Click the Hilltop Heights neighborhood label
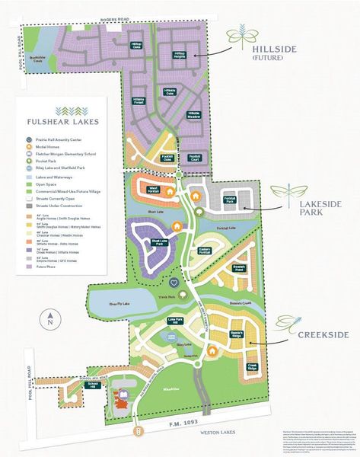[x=180, y=54]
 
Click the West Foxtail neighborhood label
[x=152, y=188]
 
